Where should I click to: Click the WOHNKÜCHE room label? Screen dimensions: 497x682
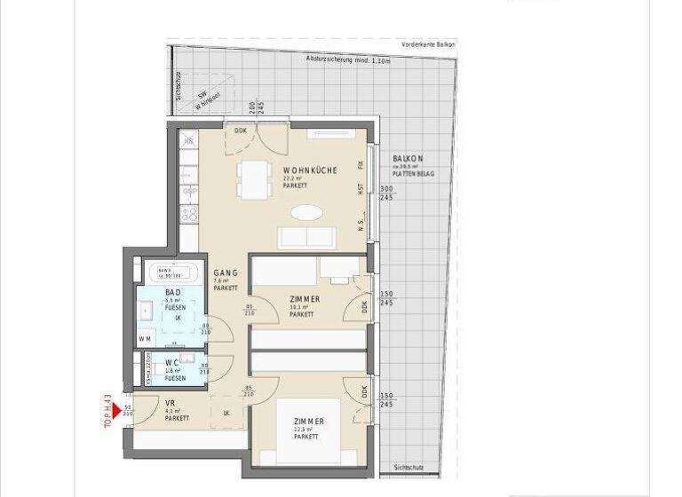[310, 170]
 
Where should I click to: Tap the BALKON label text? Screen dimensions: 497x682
[408, 158]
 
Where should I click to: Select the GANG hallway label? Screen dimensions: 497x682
[224, 273]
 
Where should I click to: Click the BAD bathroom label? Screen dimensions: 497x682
[173, 292]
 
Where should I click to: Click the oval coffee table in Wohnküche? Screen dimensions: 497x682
[307, 214]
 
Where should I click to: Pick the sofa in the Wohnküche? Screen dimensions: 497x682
[307, 237]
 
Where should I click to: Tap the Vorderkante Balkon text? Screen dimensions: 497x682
[428, 43]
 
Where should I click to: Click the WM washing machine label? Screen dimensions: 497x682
[145, 338]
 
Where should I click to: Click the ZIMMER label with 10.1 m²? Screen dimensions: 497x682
[305, 299]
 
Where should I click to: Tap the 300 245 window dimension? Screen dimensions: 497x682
[385, 193]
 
